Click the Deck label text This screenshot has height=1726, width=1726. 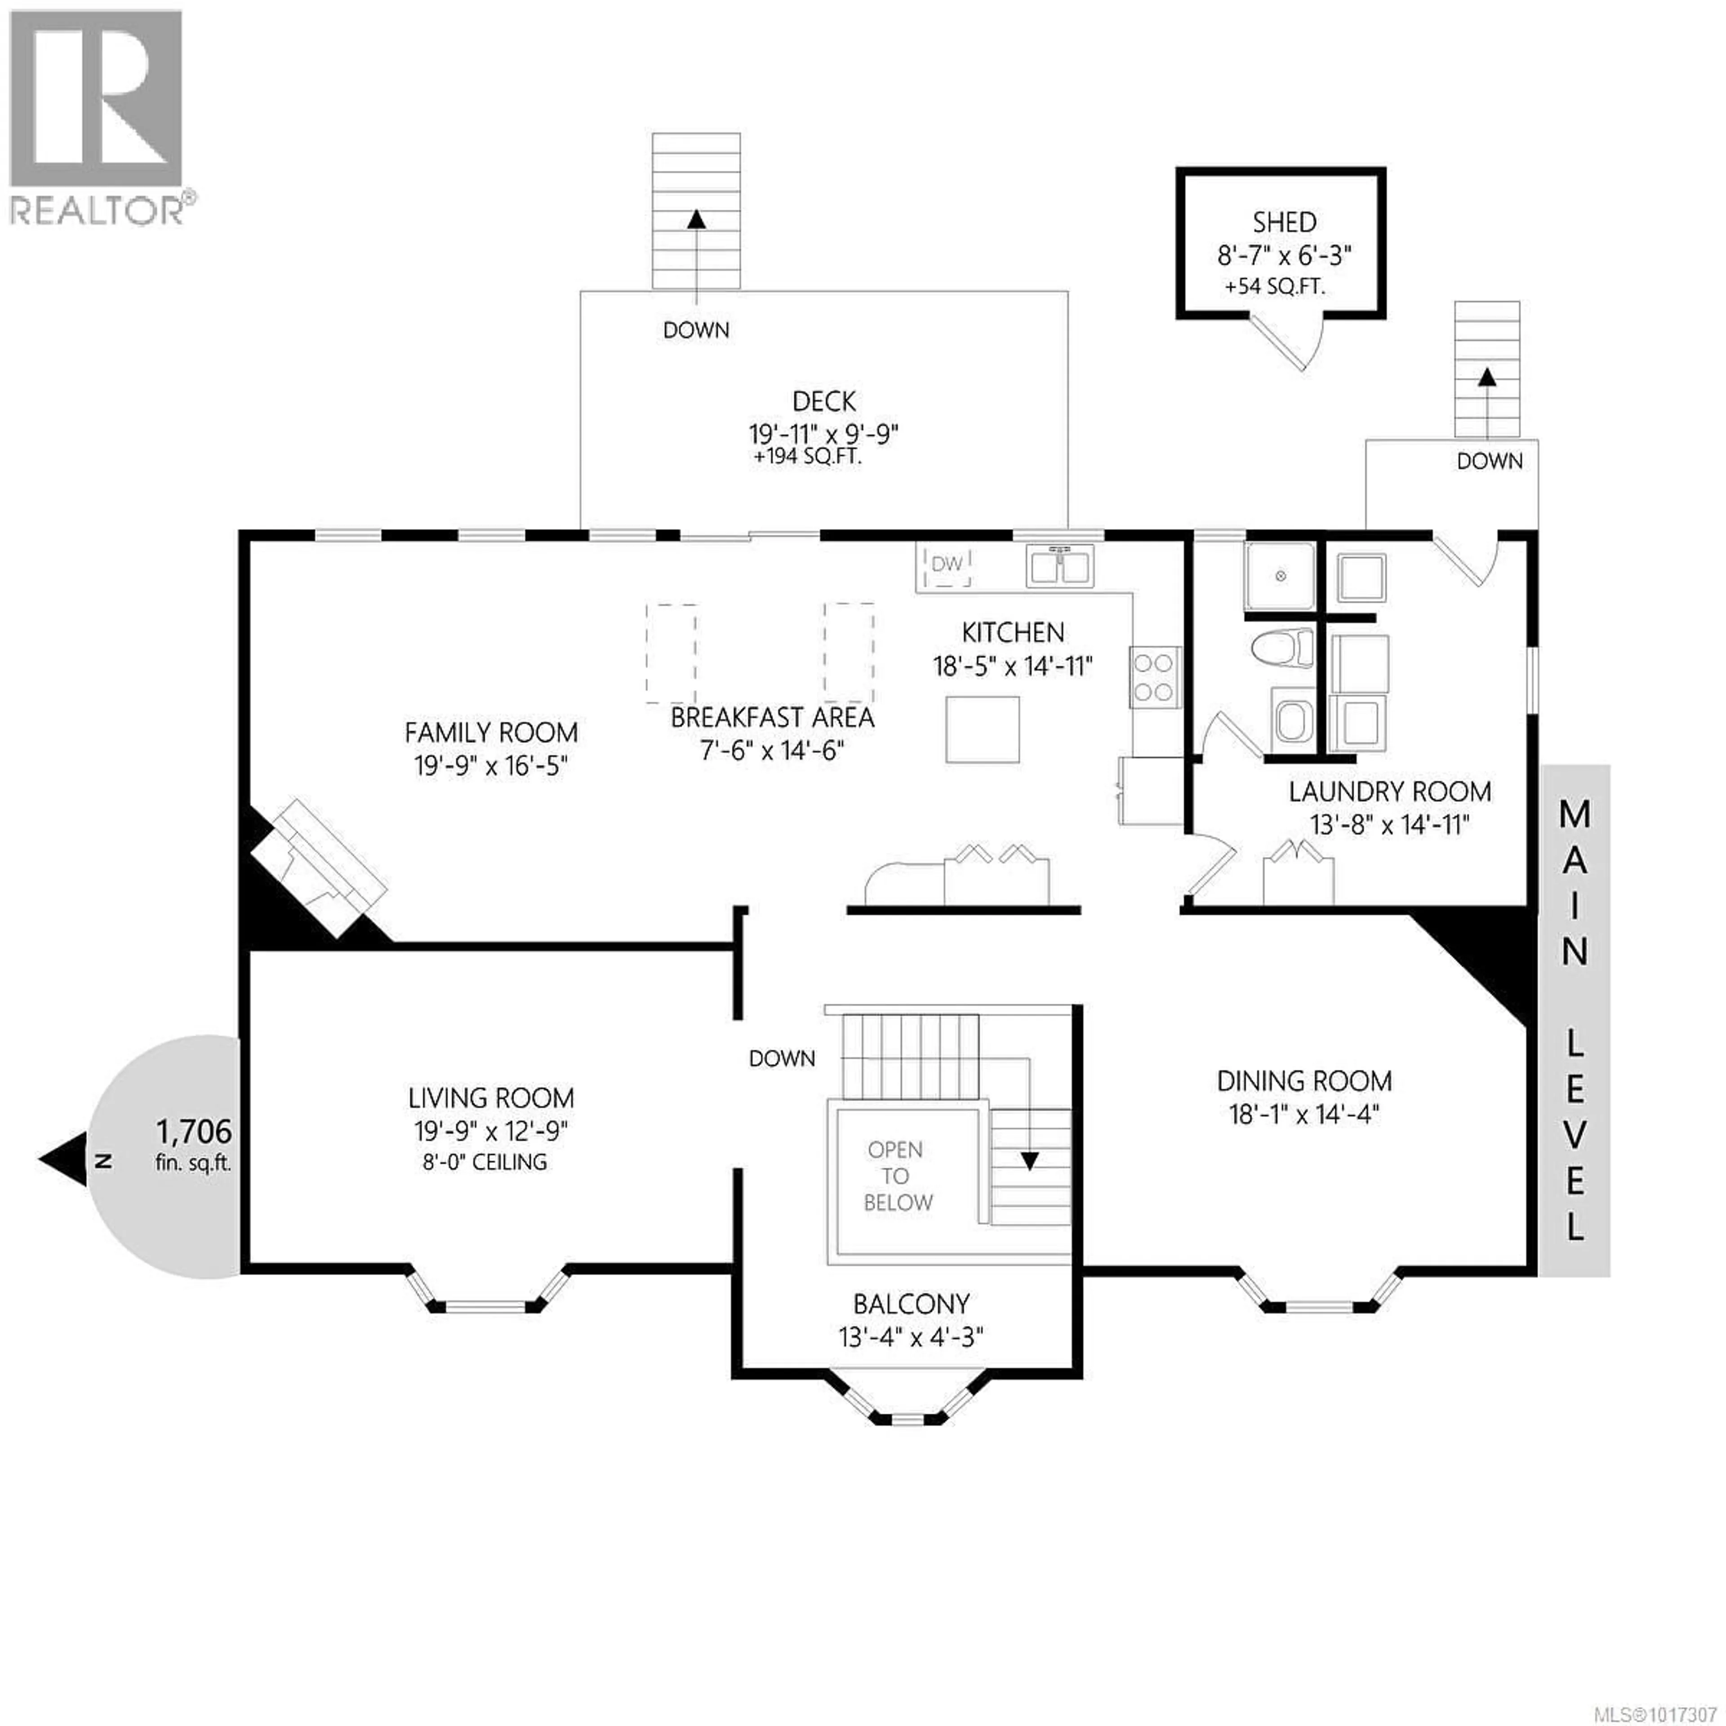pyautogui.click(x=824, y=401)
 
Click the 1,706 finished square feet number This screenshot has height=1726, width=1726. pyautogui.click(x=194, y=1132)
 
